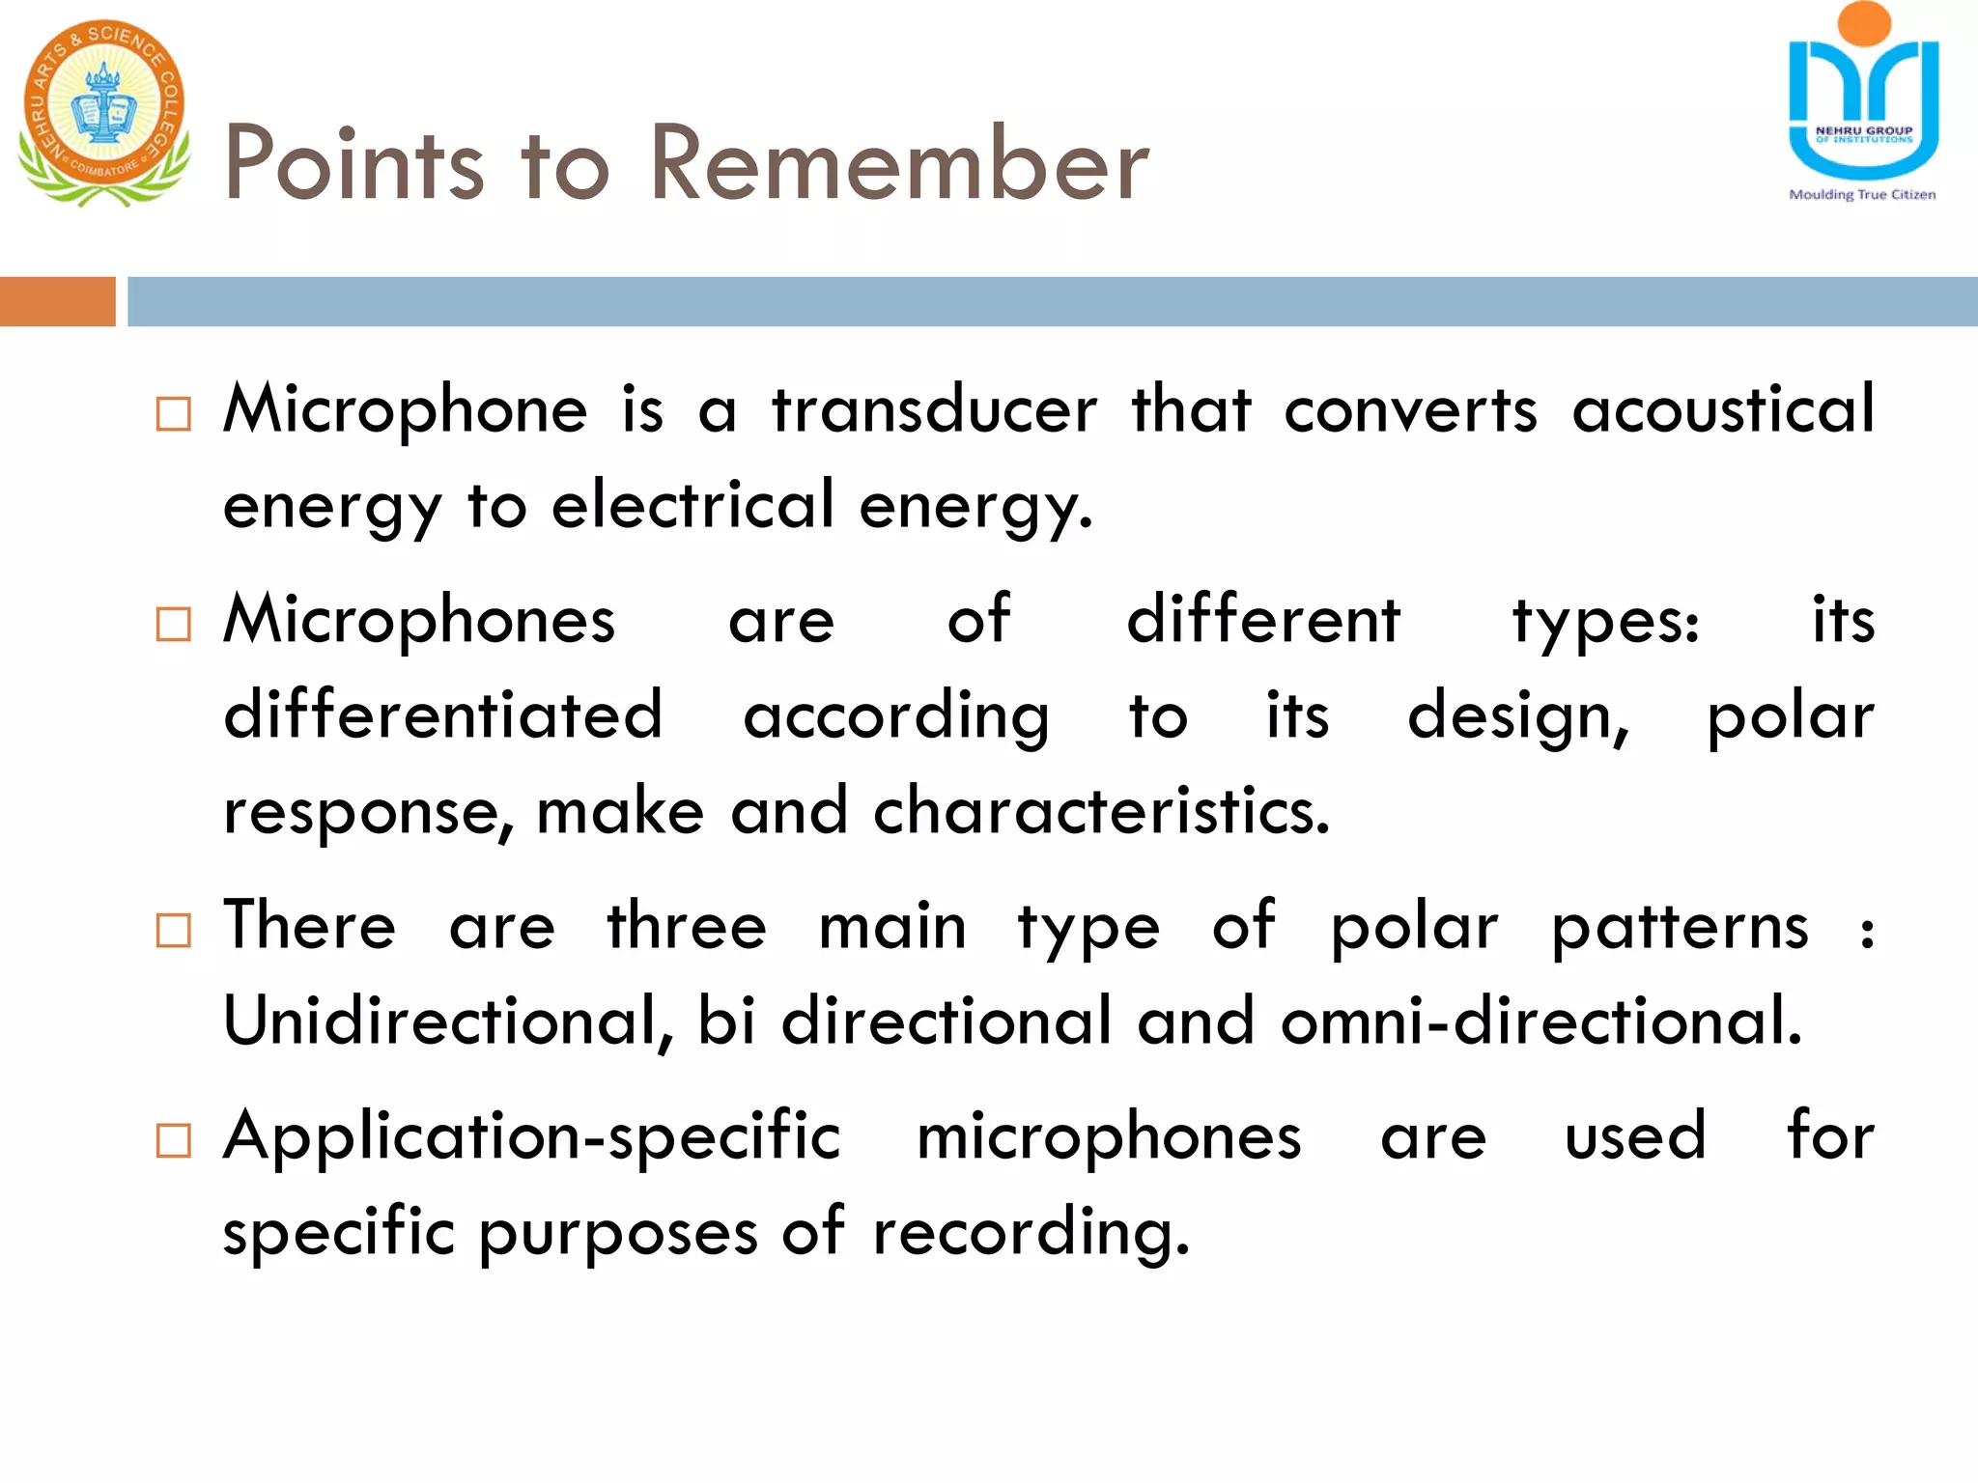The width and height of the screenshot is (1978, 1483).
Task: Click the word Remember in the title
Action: tap(899, 164)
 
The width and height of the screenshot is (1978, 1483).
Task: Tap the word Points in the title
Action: tap(353, 164)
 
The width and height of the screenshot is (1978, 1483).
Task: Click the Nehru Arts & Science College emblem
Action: tap(103, 112)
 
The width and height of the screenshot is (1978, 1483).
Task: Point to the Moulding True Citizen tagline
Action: tap(1862, 195)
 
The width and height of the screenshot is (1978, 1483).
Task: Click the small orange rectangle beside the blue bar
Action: tap(57, 301)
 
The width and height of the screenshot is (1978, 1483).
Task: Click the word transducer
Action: tap(934, 410)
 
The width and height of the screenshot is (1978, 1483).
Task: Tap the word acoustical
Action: tap(1723, 410)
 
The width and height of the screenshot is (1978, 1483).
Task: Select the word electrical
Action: tap(692, 505)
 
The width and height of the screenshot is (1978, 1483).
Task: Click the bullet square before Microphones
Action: tap(174, 625)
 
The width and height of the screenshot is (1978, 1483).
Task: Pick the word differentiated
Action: tap(443, 715)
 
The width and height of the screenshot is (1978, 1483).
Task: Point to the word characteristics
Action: tap(1101, 811)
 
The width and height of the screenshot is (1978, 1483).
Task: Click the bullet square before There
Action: tap(174, 931)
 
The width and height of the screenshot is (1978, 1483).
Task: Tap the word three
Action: tap(687, 926)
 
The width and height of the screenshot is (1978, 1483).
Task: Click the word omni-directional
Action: tap(1541, 1021)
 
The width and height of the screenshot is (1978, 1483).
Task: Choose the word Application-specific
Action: tap(532, 1137)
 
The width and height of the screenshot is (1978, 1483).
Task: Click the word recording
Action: tap(1031, 1233)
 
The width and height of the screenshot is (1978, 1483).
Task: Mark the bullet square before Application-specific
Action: tap(174, 1140)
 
